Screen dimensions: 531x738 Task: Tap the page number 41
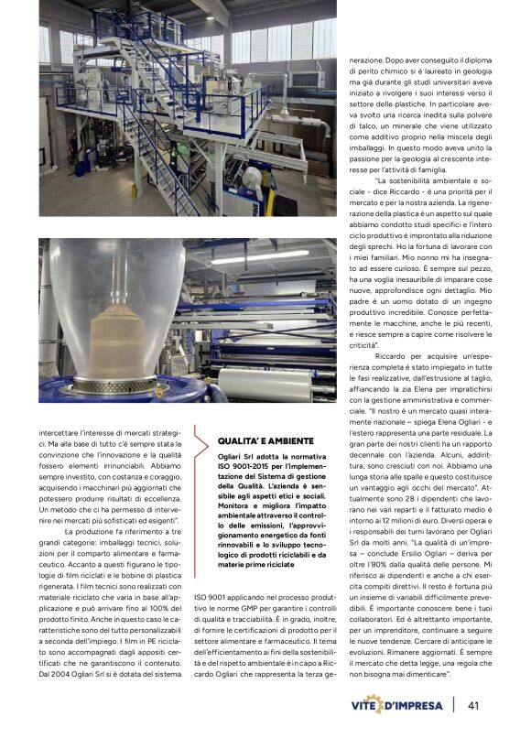click(x=474, y=705)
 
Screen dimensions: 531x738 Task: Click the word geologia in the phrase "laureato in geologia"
click(x=450, y=79)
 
